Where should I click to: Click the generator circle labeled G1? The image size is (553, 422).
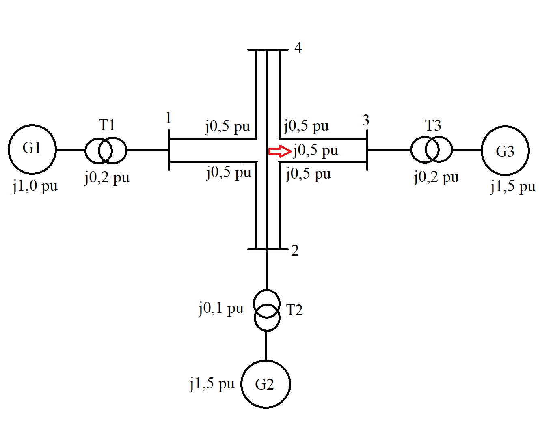click(32, 149)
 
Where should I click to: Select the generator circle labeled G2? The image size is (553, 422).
click(266, 383)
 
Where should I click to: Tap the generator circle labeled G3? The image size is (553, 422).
click(505, 151)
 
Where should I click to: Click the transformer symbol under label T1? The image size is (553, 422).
click(106, 150)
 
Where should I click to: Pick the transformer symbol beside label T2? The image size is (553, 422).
click(267, 310)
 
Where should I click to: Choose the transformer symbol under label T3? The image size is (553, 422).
click(431, 149)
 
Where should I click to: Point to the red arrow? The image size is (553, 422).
click(280, 151)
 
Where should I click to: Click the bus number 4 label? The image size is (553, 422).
click(298, 48)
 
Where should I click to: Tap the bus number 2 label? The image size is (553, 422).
click(295, 250)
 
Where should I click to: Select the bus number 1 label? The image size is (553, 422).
click(168, 118)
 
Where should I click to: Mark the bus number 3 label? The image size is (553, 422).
click(366, 120)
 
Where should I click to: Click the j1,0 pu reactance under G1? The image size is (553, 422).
click(35, 186)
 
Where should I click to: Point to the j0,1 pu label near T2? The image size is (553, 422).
click(221, 308)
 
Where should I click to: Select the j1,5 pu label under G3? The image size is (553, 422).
click(513, 186)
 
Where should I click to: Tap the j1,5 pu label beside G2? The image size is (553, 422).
click(212, 383)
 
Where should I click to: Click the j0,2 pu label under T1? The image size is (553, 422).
click(107, 177)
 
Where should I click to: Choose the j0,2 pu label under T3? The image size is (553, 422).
click(436, 177)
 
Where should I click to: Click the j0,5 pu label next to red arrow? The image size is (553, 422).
click(316, 150)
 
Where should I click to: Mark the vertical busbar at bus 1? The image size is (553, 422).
click(169, 150)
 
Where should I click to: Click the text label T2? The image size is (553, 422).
click(294, 310)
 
